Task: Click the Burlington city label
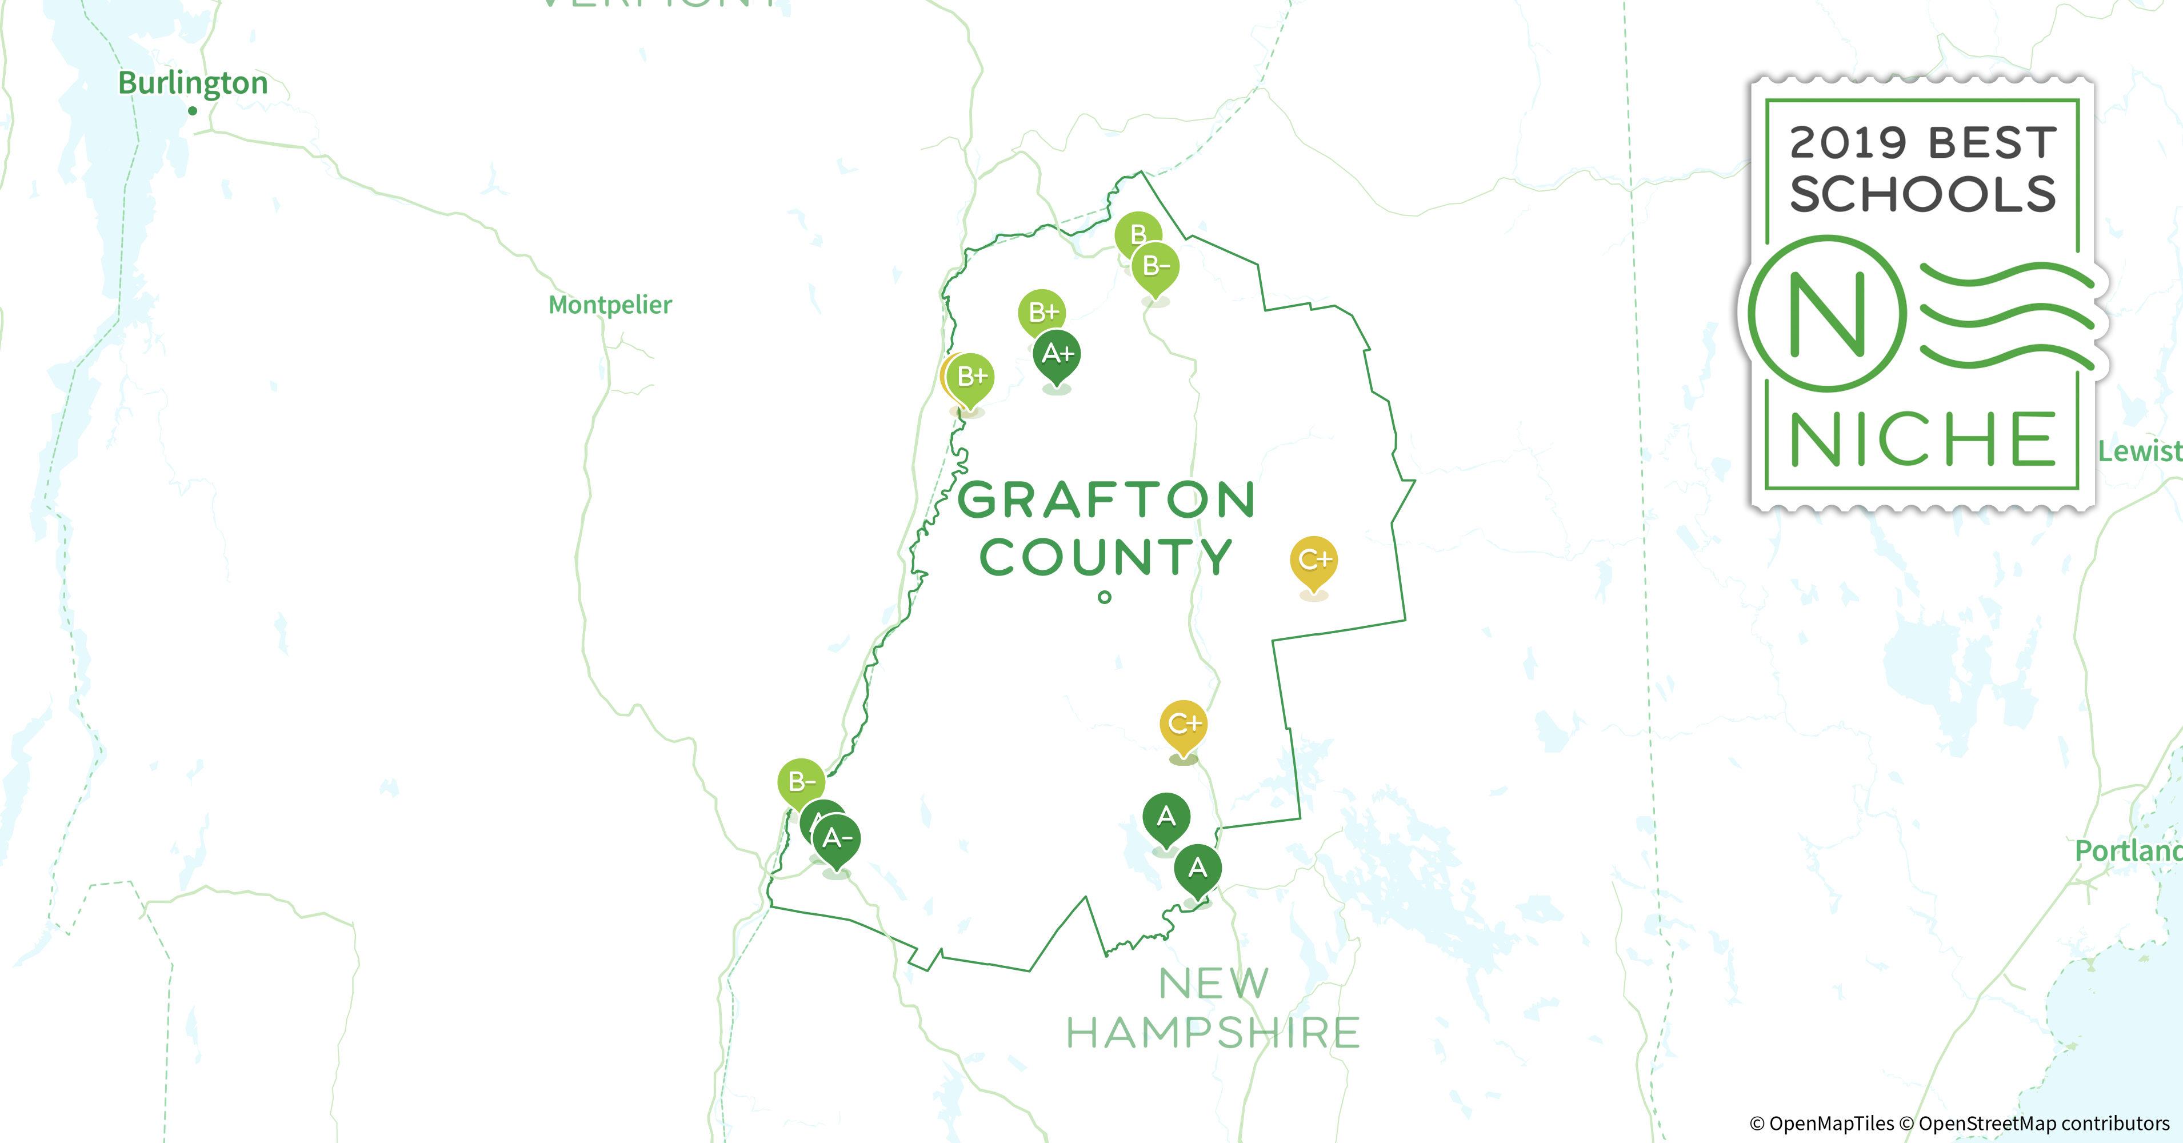coord(193,83)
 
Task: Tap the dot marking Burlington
coord(193,111)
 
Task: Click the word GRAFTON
coord(1106,500)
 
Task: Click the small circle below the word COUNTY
coord(1104,597)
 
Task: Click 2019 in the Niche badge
coord(1835,142)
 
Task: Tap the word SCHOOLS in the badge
coord(1922,194)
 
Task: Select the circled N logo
coord(1828,314)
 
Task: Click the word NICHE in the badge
coord(1922,439)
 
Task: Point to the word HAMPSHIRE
coord(1213,1033)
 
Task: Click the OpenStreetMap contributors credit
coord(2043,1124)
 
